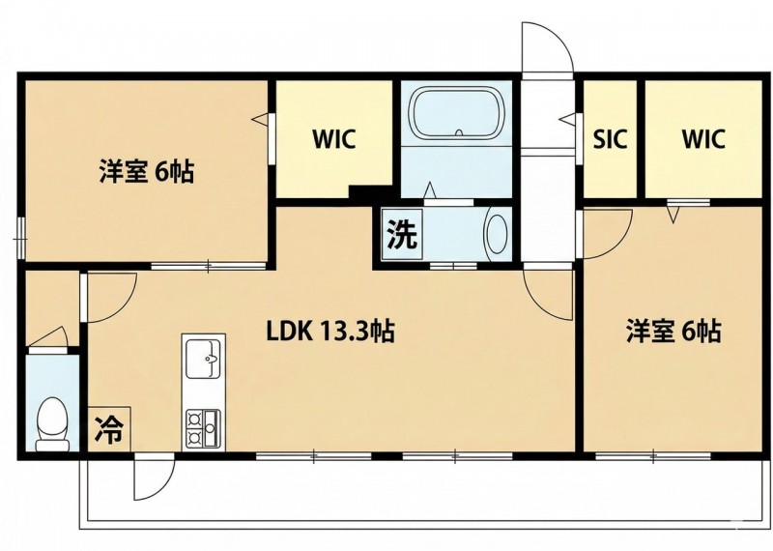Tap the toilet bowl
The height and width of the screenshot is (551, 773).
tap(53, 423)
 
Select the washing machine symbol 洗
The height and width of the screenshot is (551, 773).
tap(402, 234)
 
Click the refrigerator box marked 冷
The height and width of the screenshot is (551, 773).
tap(109, 428)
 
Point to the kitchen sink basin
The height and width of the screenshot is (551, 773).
tap(203, 359)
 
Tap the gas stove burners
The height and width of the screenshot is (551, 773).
tap(203, 427)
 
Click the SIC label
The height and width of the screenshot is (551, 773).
tap(610, 139)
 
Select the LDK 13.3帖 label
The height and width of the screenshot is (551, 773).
tap(329, 332)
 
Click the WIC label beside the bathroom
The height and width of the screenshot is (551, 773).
tap(333, 139)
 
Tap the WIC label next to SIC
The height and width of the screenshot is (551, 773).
tap(703, 139)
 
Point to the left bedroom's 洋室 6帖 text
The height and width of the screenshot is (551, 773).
tap(147, 172)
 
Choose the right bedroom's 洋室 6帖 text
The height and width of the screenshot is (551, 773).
tap(673, 332)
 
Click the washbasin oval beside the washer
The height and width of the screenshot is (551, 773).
tap(497, 234)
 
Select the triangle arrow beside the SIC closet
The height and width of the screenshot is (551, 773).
tap(568, 118)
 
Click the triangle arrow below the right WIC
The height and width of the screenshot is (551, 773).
tap(673, 214)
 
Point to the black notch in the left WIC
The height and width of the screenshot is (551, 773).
tap(371, 192)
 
